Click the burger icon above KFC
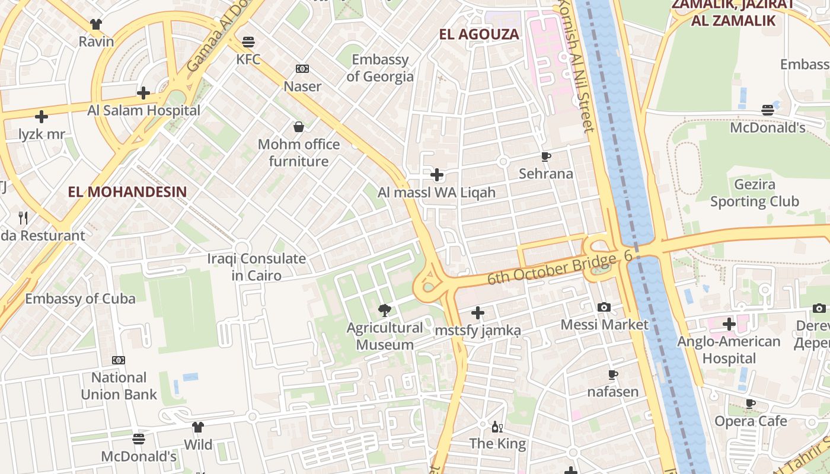(x=248, y=42)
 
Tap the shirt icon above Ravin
(x=96, y=24)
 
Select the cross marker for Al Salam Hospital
(x=143, y=93)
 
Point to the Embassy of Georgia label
(x=380, y=68)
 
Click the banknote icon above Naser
(x=302, y=69)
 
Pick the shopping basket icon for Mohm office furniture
(x=299, y=127)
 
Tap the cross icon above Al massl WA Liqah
(x=437, y=175)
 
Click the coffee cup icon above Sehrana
(x=546, y=156)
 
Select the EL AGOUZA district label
(x=479, y=34)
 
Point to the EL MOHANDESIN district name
(x=127, y=192)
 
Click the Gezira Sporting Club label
(x=755, y=193)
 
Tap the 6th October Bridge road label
(x=551, y=269)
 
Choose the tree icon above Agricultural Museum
(x=385, y=310)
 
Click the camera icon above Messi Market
(x=604, y=307)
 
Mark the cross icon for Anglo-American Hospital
(x=729, y=324)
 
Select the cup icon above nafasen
(x=613, y=374)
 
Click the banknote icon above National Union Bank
(x=119, y=360)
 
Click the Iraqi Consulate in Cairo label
(x=256, y=267)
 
